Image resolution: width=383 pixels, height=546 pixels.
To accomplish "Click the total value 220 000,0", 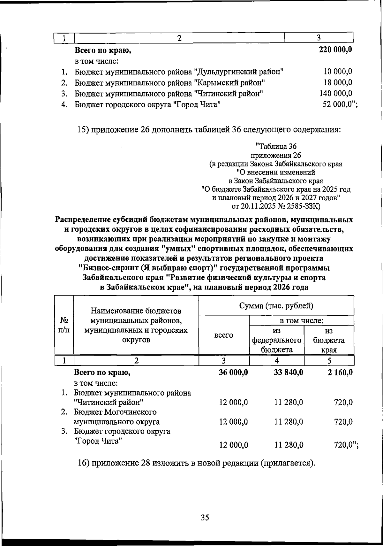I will tap(335, 50).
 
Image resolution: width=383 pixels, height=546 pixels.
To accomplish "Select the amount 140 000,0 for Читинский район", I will tap(336, 93).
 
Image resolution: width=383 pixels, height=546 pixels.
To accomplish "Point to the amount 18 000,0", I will tap(338, 82).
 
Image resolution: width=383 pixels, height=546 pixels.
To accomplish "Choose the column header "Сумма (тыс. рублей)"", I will tap(276, 306).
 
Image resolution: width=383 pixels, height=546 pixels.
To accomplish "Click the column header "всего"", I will tap(223, 335).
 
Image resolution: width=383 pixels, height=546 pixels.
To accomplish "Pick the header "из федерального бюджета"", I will tap(277, 340).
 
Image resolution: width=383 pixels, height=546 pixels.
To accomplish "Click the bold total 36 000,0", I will tap(233, 372).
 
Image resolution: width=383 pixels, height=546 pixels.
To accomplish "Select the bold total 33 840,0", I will tap(289, 372).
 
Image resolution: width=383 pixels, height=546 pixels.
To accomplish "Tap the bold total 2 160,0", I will tap(340, 372).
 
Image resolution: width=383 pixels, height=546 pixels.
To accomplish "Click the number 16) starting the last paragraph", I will tap(84, 472).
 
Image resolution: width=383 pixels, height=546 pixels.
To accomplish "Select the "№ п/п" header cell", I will tap(64, 325).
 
